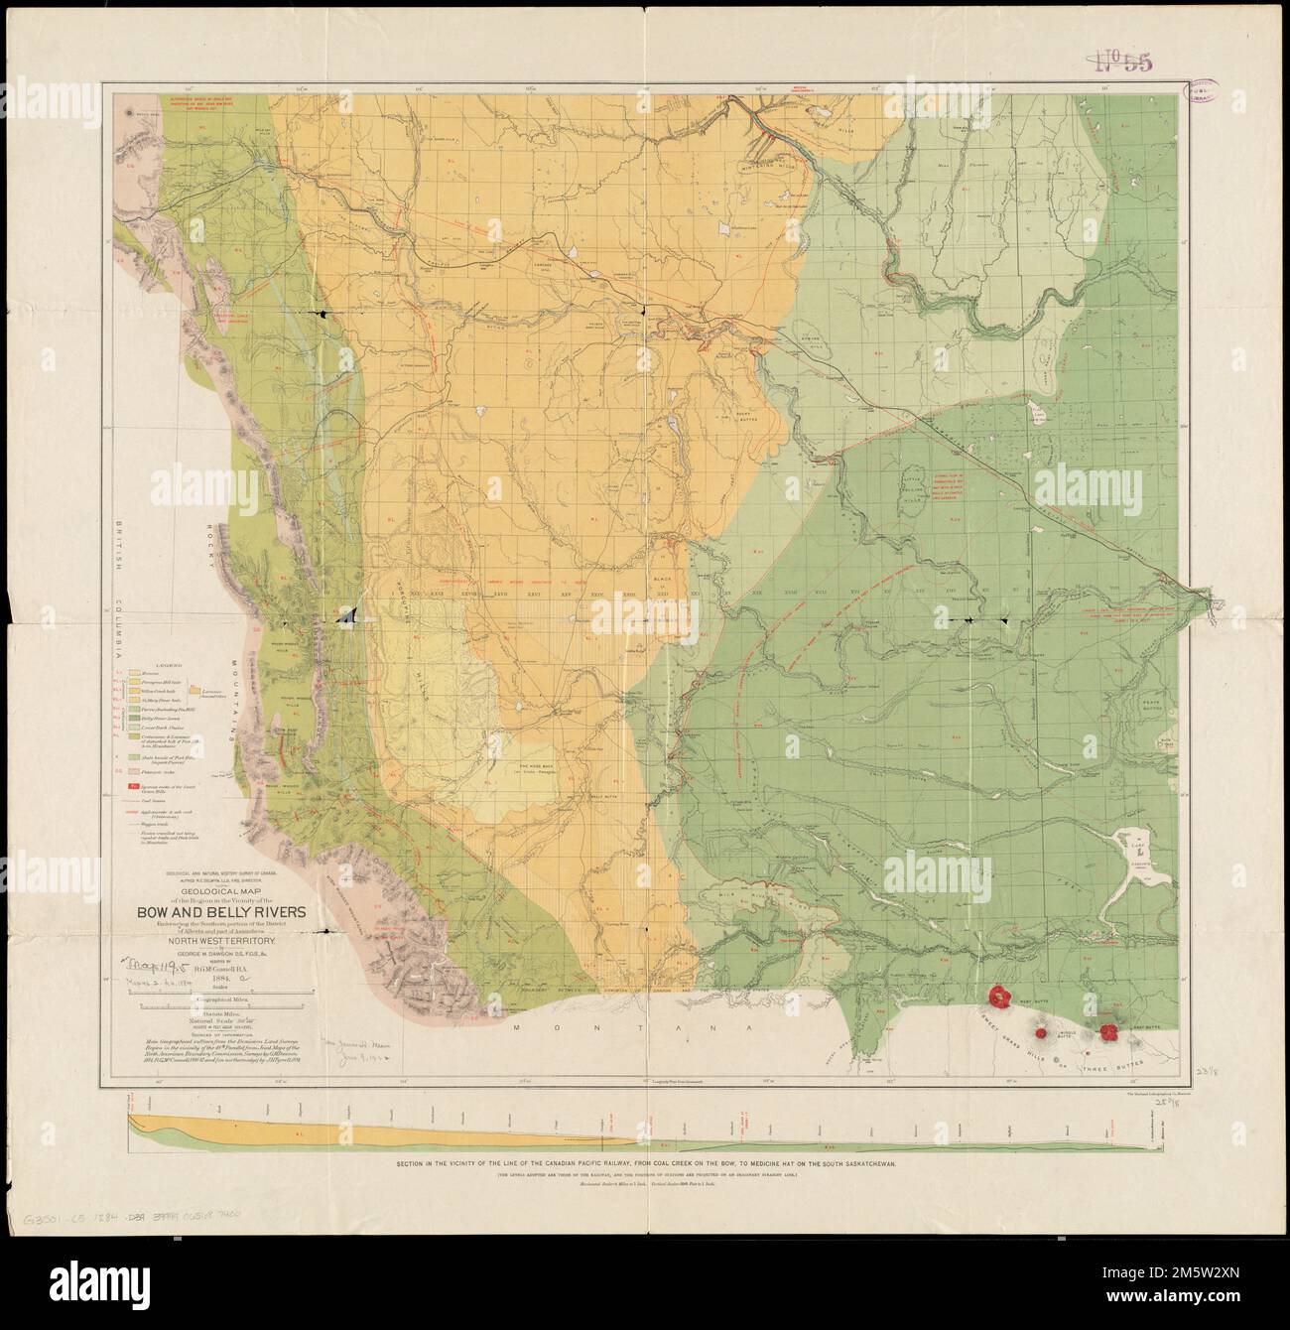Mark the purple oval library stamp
tap(1207, 92)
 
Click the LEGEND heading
tap(150, 667)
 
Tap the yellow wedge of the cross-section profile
tap(298, 1128)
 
